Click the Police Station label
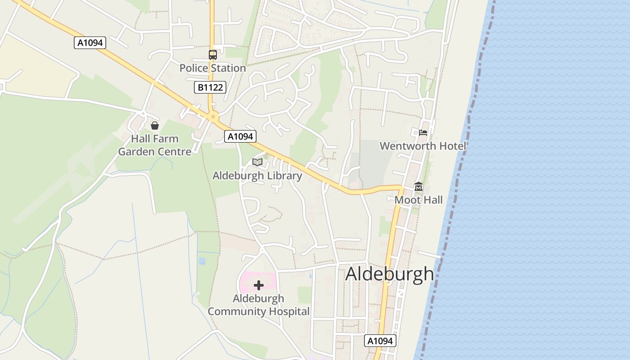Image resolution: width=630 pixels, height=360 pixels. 212,68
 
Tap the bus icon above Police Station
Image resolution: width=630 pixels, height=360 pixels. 212,55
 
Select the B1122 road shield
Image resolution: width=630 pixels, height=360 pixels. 210,87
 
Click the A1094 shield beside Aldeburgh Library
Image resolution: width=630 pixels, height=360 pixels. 240,136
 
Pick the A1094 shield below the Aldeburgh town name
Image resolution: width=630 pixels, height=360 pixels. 380,341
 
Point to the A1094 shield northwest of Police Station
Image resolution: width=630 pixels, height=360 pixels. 90,43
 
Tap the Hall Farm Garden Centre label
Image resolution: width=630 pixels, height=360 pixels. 155,145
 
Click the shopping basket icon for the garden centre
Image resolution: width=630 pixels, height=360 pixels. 155,126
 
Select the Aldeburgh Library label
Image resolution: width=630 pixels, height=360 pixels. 257,175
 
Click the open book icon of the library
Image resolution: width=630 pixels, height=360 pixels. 257,162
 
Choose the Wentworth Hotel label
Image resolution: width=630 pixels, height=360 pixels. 423,146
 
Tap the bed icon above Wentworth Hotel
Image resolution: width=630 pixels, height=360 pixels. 423,133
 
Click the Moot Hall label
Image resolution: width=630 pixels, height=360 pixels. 418,200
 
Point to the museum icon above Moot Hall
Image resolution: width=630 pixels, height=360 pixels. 418,187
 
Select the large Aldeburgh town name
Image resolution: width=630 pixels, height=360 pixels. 389,274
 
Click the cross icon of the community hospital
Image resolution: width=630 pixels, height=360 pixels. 259,285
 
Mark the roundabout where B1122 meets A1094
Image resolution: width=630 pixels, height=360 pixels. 213,117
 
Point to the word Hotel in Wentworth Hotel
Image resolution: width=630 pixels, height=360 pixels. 452,146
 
